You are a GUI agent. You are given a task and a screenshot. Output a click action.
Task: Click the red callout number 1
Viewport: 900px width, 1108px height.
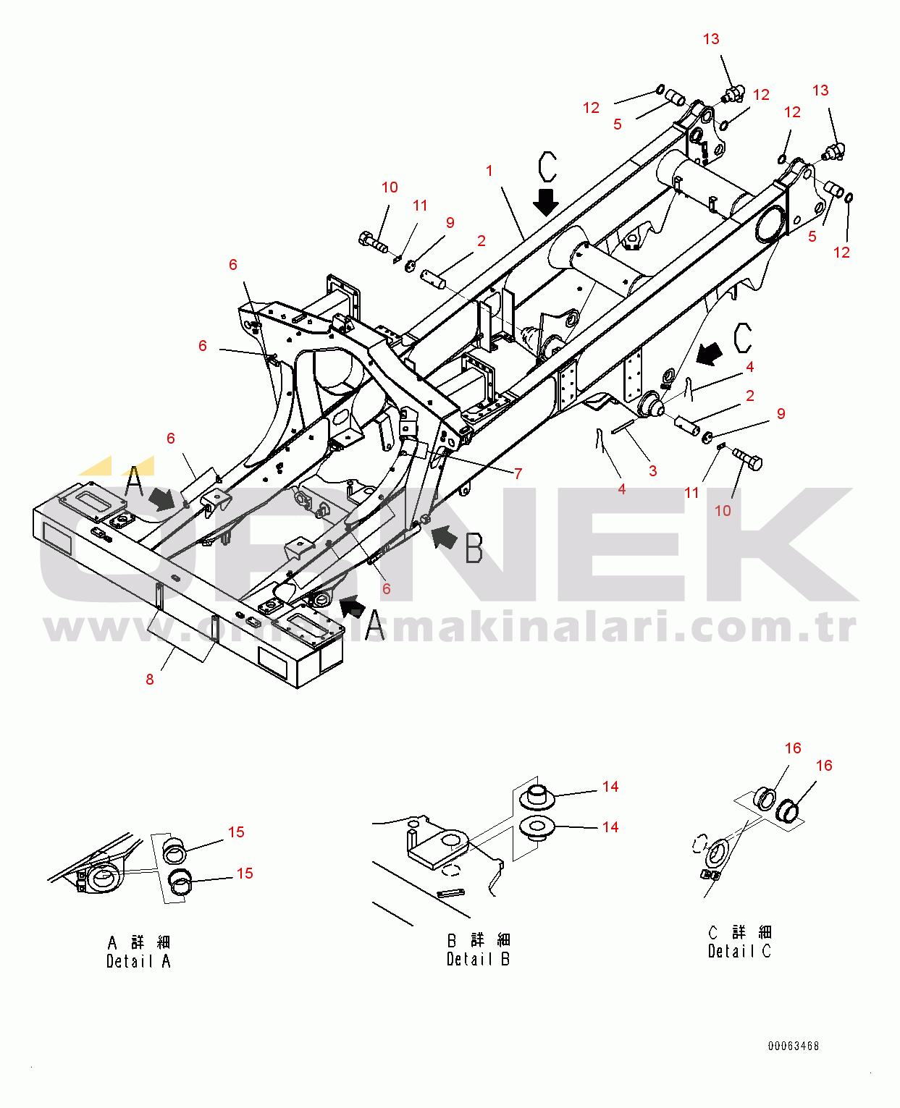[x=489, y=171]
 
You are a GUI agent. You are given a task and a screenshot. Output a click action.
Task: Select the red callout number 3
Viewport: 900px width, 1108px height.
[x=652, y=471]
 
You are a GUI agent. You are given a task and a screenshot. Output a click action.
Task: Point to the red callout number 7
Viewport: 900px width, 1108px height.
[x=518, y=474]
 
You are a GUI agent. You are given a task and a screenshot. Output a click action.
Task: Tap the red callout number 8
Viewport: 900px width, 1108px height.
[x=150, y=679]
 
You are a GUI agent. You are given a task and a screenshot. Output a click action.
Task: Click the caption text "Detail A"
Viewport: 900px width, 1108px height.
[x=138, y=961]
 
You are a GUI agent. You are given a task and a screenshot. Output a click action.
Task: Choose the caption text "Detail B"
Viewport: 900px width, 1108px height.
[x=478, y=959]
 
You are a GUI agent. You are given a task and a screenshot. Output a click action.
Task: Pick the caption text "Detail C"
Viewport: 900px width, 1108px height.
[x=739, y=951]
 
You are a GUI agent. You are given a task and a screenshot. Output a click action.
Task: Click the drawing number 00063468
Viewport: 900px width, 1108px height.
[x=794, y=1046]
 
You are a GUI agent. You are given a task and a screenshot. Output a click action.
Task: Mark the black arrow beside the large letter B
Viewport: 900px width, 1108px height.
[x=445, y=537]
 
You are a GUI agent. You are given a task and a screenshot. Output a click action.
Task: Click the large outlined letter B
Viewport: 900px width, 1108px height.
[x=474, y=548]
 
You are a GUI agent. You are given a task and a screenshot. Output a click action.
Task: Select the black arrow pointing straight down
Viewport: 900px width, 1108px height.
[x=546, y=201]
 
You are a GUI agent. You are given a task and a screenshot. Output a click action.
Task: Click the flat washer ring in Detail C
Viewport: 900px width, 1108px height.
[x=715, y=853]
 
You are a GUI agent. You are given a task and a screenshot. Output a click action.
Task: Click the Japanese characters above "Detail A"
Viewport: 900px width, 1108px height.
[x=138, y=942]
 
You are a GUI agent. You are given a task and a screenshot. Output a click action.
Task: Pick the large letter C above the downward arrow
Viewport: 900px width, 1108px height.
[x=548, y=167]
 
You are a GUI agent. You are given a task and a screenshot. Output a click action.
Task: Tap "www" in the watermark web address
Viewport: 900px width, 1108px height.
[x=101, y=628]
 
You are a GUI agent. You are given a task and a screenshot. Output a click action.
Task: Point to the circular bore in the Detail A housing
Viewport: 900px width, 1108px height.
[x=102, y=875]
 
